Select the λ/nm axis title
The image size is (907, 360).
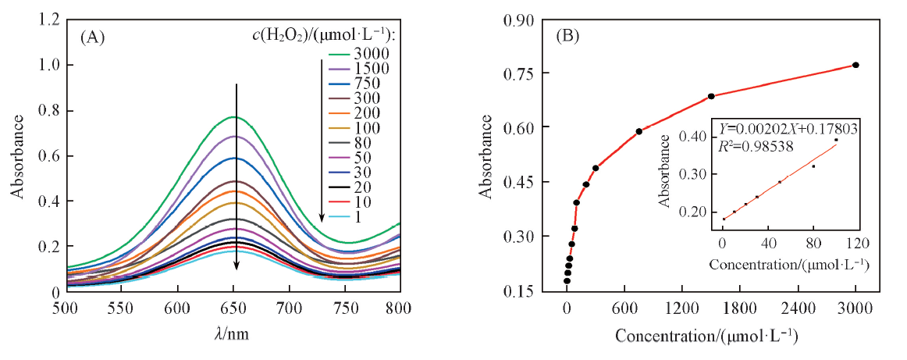(x=233, y=333)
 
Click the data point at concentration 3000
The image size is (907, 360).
(x=855, y=65)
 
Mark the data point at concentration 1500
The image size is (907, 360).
(x=711, y=96)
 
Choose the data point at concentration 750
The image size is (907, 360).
(x=639, y=131)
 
